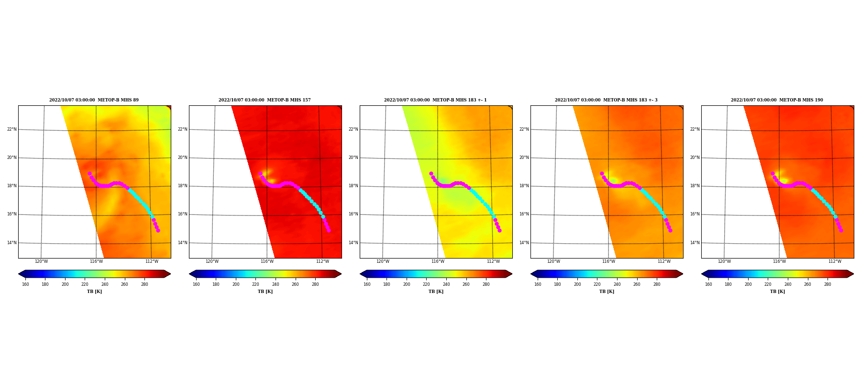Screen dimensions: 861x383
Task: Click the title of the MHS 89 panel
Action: [x=94, y=100]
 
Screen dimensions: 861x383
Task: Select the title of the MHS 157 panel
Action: [x=265, y=100]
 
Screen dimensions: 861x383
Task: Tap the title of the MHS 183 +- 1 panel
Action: [x=435, y=100]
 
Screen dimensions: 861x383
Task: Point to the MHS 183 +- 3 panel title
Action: [x=606, y=100]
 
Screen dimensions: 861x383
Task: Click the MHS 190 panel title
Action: [x=777, y=100]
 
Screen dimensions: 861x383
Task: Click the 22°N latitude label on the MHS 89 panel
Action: [x=11, y=129]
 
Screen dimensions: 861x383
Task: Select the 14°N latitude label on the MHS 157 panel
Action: [x=182, y=243]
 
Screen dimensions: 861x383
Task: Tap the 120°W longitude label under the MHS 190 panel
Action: [x=724, y=261]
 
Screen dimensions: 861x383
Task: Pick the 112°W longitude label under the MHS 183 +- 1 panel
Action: [x=493, y=261]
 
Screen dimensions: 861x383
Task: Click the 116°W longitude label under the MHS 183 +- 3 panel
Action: [x=608, y=261]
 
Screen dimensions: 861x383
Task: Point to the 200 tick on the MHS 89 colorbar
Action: [x=65, y=284]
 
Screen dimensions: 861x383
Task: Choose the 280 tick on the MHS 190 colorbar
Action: [x=828, y=284]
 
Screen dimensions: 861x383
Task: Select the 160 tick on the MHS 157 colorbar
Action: [x=196, y=284]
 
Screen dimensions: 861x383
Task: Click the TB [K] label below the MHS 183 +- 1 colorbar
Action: [x=436, y=292]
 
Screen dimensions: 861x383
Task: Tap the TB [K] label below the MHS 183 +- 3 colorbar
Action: [x=607, y=292]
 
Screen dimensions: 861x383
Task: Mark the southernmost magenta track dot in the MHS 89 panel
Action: [x=158, y=230]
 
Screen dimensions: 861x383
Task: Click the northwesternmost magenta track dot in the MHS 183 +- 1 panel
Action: [x=431, y=174]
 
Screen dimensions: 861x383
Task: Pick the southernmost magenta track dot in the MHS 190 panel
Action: [x=841, y=230]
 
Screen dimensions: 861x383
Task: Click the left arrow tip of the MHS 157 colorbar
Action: [x=189, y=274]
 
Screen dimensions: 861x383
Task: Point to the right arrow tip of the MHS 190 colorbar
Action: [x=853, y=274]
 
